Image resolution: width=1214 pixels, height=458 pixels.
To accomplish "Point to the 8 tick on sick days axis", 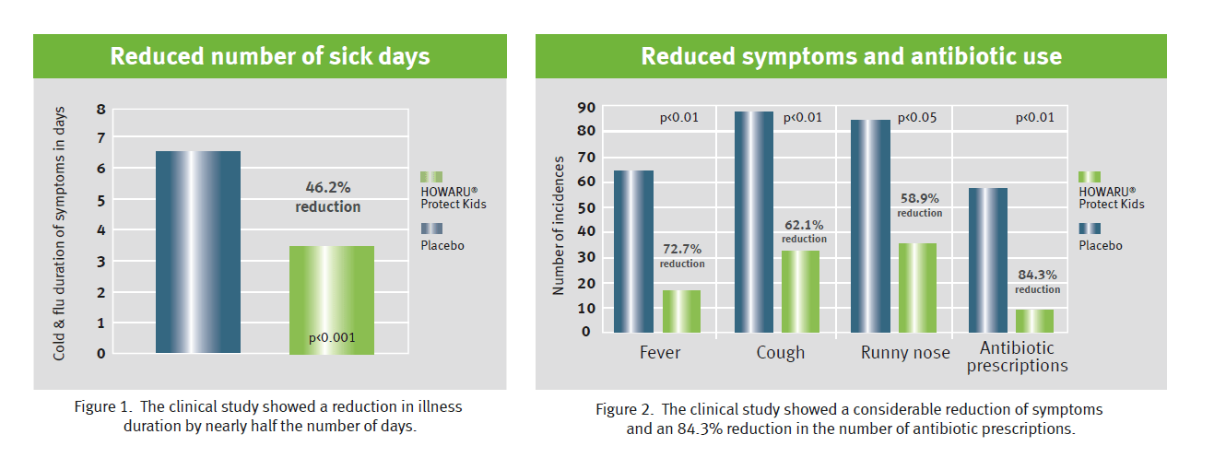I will (x=101, y=109).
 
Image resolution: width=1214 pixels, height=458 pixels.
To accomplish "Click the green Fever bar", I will (x=681, y=311).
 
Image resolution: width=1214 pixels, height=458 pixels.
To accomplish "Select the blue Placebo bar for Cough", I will (x=753, y=222).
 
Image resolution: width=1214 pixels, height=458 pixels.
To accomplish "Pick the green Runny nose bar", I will (x=917, y=288).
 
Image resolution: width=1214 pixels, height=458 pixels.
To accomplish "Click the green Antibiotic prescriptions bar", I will (x=1034, y=321).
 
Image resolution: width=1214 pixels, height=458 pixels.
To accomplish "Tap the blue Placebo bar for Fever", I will (x=633, y=252).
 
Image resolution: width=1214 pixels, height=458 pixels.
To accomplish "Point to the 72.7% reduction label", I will (x=682, y=255).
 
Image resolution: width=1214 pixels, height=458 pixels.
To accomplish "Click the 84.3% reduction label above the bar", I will (x=1038, y=281).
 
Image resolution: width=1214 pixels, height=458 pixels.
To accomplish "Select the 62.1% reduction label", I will (x=804, y=230).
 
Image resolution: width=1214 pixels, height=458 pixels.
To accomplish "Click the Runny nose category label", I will (x=905, y=353).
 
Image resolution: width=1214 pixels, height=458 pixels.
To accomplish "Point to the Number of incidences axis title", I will (x=558, y=226).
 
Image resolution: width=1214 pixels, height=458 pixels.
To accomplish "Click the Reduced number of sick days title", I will (x=270, y=56).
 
